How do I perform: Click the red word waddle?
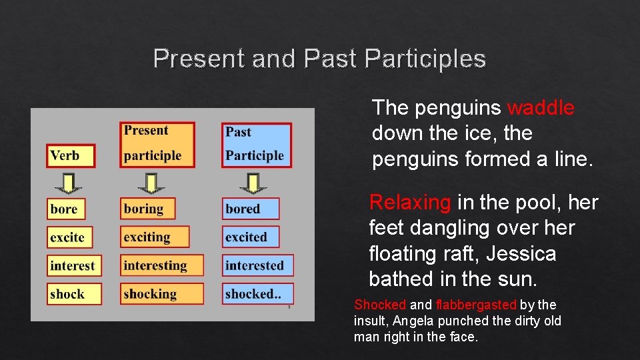point(541,107)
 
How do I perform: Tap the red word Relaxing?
point(410,202)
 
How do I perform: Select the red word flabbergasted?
point(476,305)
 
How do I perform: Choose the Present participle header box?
point(158,143)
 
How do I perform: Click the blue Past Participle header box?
point(257,144)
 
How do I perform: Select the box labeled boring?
point(147,209)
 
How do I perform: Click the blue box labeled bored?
point(251,209)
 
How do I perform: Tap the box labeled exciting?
point(154,237)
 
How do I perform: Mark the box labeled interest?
point(74,265)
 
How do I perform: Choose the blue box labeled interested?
point(257,265)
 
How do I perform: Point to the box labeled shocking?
point(161,294)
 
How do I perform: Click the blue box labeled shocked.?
point(257,294)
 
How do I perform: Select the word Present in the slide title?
point(199,59)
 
